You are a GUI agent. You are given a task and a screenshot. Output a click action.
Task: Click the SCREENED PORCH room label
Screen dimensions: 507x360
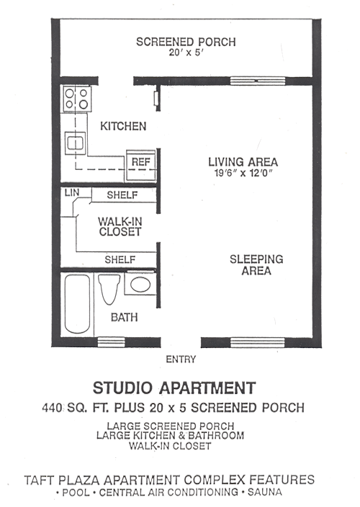coord(186,42)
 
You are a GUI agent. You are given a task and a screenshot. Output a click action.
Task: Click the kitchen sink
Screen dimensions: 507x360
coord(75,143)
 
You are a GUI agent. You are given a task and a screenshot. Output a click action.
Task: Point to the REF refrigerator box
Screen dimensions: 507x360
coord(140,162)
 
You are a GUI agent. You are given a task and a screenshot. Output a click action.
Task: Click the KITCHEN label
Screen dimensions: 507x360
coord(122,126)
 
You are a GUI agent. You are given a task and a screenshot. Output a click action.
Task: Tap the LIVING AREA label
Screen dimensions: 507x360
coord(243,161)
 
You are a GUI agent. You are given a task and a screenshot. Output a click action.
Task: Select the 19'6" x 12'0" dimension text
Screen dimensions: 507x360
coord(243,174)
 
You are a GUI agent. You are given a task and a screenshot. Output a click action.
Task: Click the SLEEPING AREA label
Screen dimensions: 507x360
coord(256,264)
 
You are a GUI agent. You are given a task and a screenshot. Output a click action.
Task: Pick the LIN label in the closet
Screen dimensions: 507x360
coord(71,193)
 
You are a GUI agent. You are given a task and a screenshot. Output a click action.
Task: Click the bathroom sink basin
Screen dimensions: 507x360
coord(140,284)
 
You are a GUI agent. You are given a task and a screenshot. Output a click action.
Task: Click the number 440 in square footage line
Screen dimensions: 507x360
coord(54,408)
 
